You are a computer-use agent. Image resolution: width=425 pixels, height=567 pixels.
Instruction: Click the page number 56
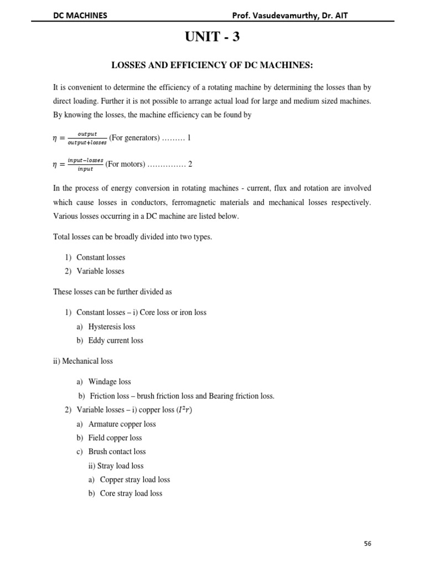pos(367,544)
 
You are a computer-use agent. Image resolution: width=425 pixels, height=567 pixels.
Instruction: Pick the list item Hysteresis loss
pos(112,327)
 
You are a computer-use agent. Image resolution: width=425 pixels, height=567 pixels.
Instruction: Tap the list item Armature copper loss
pos(122,424)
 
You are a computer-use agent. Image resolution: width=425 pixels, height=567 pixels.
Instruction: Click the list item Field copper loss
pos(115,438)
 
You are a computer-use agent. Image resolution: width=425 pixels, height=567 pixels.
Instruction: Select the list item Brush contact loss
pos(117,452)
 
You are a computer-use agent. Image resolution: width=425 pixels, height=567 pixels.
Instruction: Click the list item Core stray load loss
pos(131,493)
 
